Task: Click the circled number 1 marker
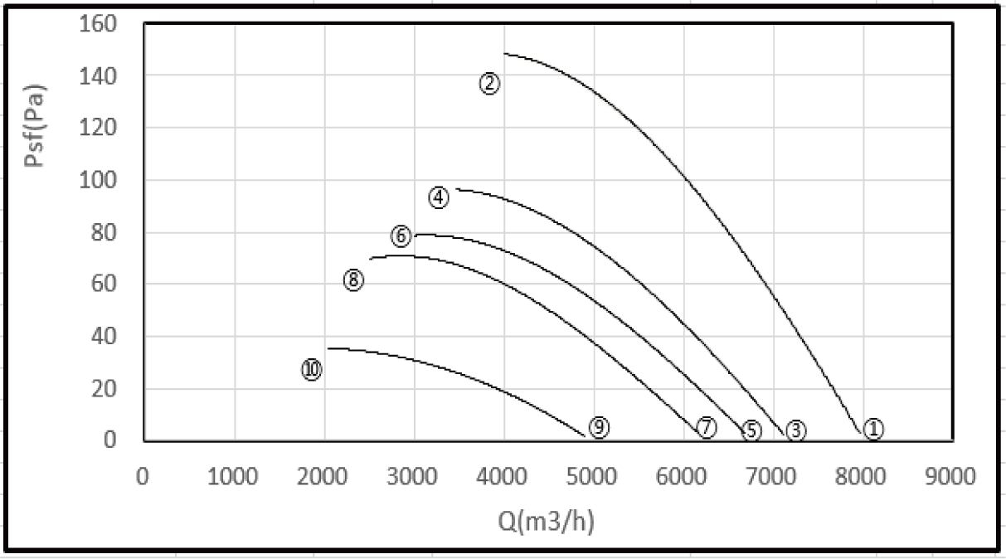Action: coord(873,429)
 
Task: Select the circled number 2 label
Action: coord(489,83)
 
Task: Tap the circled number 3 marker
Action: coord(795,430)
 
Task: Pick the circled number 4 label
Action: coord(439,197)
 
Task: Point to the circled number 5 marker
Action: coord(751,430)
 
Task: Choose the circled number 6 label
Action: coord(401,236)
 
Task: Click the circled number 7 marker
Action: coord(706,427)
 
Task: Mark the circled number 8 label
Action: coord(353,280)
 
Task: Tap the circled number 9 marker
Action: coord(599,427)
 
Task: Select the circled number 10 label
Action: coord(311,370)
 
